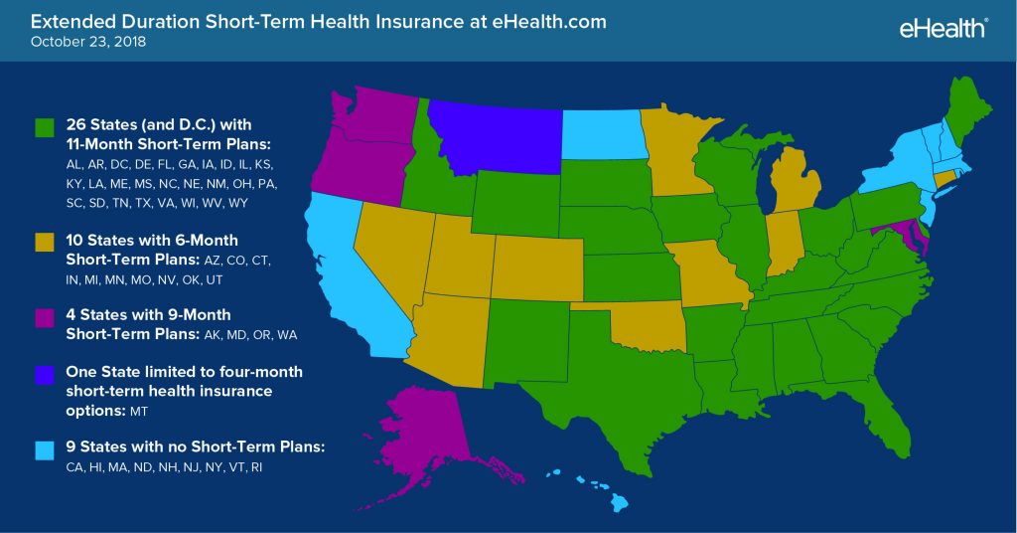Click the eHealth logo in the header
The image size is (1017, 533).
pyautogui.click(x=941, y=28)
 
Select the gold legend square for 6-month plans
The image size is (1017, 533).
pyautogui.click(x=44, y=242)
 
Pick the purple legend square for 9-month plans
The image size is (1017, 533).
pyautogui.click(x=44, y=316)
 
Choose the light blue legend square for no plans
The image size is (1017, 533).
pyautogui.click(x=44, y=448)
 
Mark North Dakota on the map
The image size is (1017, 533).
pyautogui.click(x=601, y=134)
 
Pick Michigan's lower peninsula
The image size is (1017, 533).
pyautogui.click(x=790, y=179)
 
